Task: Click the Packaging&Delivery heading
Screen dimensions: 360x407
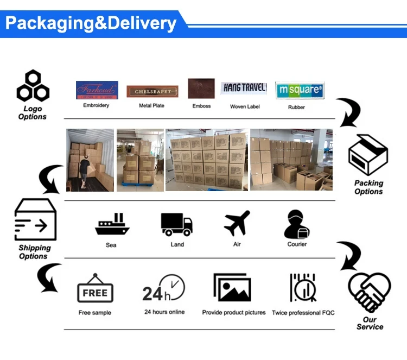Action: click(x=91, y=23)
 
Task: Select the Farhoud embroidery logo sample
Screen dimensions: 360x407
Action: click(x=96, y=90)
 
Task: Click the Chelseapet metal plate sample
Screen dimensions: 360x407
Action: click(x=144, y=91)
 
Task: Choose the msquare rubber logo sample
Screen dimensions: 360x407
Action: click(x=300, y=90)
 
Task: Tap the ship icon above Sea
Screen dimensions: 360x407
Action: click(x=112, y=224)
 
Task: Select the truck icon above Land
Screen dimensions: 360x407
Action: click(x=177, y=224)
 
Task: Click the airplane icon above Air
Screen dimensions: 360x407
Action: click(x=237, y=223)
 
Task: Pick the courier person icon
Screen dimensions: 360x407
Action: click(x=297, y=224)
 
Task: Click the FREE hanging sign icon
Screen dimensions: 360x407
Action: click(x=95, y=289)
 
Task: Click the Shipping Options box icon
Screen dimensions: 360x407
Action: click(x=34, y=220)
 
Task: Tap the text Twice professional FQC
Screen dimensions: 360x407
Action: click(x=303, y=313)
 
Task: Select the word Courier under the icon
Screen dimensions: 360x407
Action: click(x=297, y=244)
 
